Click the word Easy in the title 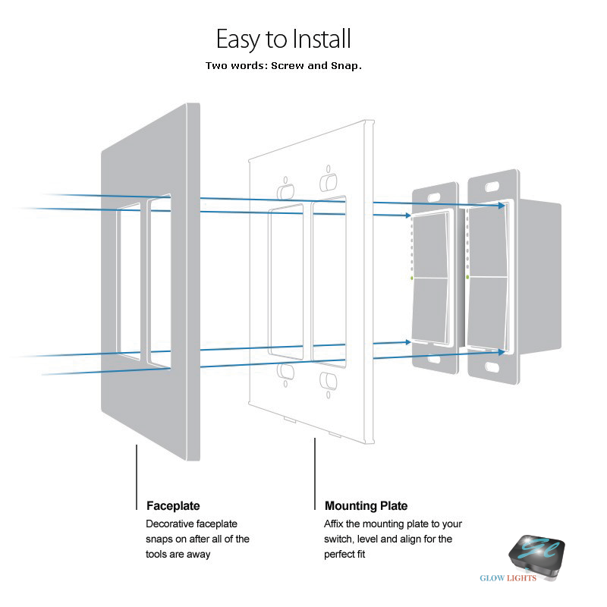(x=240, y=39)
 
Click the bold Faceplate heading (x=173, y=505)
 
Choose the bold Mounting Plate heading (x=366, y=505)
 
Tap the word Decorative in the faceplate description (x=173, y=524)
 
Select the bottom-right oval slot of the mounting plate (x=329, y=379)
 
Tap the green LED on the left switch (x=411, y=278)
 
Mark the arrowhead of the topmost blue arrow (x=502, y=205)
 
